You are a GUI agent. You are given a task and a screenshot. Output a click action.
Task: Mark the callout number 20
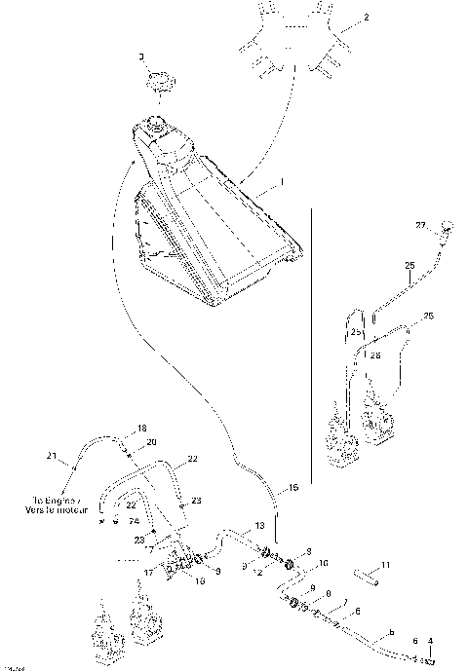pyautogui.click(x=151, y=443)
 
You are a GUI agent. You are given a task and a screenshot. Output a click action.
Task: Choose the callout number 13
pyautogui.click(x=259, y=525)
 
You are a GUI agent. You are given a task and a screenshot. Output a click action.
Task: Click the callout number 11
pyautogui.click(x=385, y=565)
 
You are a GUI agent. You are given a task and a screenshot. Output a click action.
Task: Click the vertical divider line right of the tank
pyautogui.click(x=310, y=341)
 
